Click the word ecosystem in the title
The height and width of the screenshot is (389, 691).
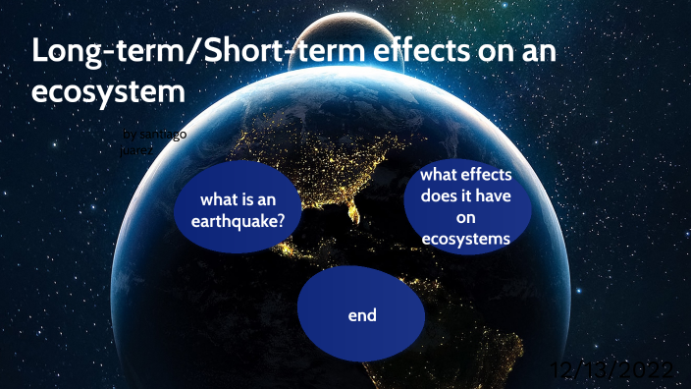tap(109, 93)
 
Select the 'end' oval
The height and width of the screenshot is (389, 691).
tap(362, 315)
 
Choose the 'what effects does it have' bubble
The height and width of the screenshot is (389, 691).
tap(465, 206)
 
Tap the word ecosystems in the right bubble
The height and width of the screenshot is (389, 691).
tap(466, 239)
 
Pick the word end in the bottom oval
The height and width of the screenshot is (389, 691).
tap(362, 315)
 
